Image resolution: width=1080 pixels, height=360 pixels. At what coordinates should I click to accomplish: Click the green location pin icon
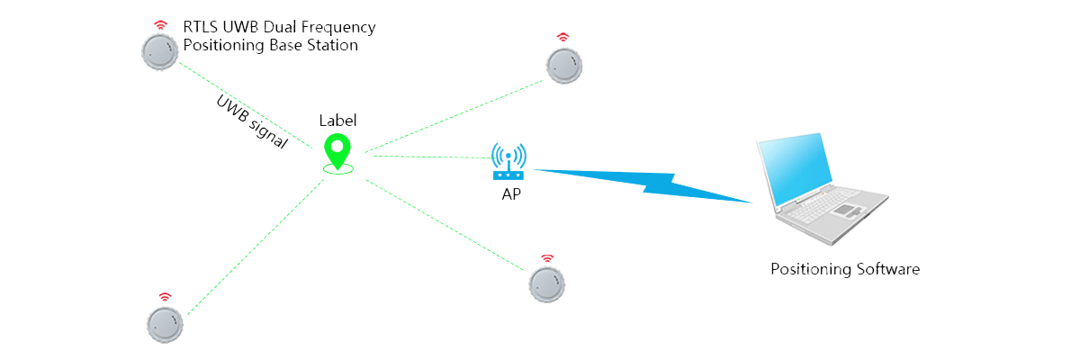pyautogui.click(x=337, y=151)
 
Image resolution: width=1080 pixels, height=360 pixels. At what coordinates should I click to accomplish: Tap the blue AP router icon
pyautogui.click(x=509, y=163)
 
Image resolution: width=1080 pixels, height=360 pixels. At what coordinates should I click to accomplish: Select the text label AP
pyautogui.click(x=510, y=193)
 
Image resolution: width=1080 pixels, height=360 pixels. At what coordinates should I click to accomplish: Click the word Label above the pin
pyautogui.click(x=337, y=120)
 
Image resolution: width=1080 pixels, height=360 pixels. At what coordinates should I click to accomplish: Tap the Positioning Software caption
pyautogui.click(x=845, y=269)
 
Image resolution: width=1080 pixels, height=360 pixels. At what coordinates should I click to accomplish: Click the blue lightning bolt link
pyautogui.click(x=643, y=184)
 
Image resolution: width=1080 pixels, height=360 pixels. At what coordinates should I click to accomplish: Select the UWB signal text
pyautogui.click(x=252, y=121)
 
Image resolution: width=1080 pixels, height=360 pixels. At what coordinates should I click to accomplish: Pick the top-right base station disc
pyautogui.click(x=564, y=66)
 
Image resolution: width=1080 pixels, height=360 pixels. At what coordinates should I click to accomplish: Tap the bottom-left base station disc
pyautogui.click(x=165, y=324)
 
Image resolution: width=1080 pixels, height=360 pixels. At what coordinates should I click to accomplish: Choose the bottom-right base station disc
pyautogui.click(x=547, y=284)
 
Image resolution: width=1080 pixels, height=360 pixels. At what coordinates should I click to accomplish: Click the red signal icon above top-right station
pyautogui.click(x=562, y=37)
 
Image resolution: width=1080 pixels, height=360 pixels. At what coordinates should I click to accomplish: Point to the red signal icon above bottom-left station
pyautogui.click(x=165, y=296)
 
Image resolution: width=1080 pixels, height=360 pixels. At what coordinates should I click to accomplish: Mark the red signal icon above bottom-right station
pyautogui.click(x=547, y=259)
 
